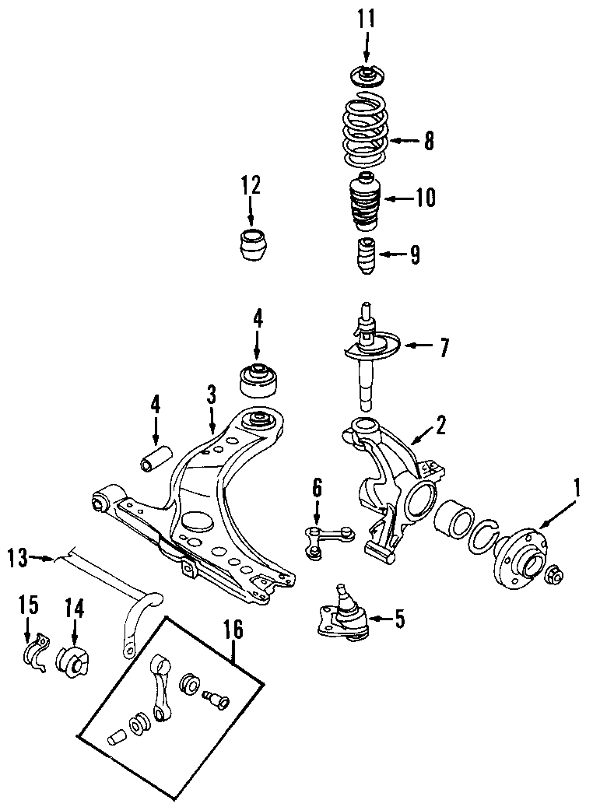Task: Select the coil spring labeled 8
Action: click(x=366, y=131)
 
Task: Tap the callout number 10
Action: click(x=425, y=198)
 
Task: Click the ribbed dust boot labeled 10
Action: click(x=366, y=204)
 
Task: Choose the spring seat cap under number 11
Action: click(x=366, y=76)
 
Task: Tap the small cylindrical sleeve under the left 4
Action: click(x=152, y=459)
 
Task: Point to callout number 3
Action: click(x=211, y=395)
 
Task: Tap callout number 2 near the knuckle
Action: click(x=440, y=425)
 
